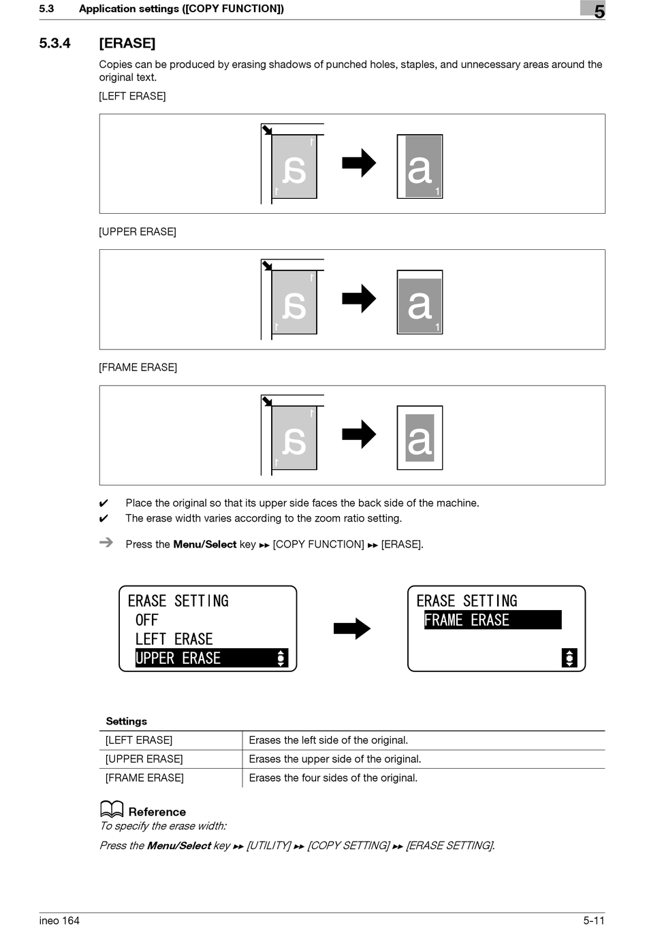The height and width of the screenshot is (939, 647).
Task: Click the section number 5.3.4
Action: (x=54, y=44)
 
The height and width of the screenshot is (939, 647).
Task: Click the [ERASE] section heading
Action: (x=127, y=44)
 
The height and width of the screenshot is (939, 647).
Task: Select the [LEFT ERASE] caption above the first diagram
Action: (x=132, y=96)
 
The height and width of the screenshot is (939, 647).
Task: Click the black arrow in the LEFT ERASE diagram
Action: (x=359, y=163)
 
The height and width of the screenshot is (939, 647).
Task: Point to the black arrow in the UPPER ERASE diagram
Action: (x=359, y=298)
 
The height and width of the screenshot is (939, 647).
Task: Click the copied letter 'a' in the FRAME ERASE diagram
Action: (x=420, y=439)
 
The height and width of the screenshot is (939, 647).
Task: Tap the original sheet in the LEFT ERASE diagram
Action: (x=294, y=167)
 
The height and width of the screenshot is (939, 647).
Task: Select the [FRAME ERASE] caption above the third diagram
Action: (x=138, y=368)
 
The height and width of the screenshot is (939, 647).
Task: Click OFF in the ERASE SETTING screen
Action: (x=147, y=620)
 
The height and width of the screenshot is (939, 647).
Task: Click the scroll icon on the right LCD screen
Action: (x=569, y=658)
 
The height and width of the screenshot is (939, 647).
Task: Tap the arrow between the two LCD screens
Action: (x=351, y=628)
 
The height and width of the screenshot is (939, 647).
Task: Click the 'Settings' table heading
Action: (x=126, y=721)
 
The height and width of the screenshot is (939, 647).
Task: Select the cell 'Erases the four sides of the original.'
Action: (x=333, y=778)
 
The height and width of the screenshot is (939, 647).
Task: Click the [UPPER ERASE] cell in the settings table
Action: (x=144, y=759)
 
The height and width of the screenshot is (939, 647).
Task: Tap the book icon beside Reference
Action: (x=112, y=809)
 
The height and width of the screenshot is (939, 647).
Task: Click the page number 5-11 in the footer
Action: (x=593, y=921)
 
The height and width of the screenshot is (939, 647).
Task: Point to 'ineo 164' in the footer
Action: (x=59, y=921)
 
